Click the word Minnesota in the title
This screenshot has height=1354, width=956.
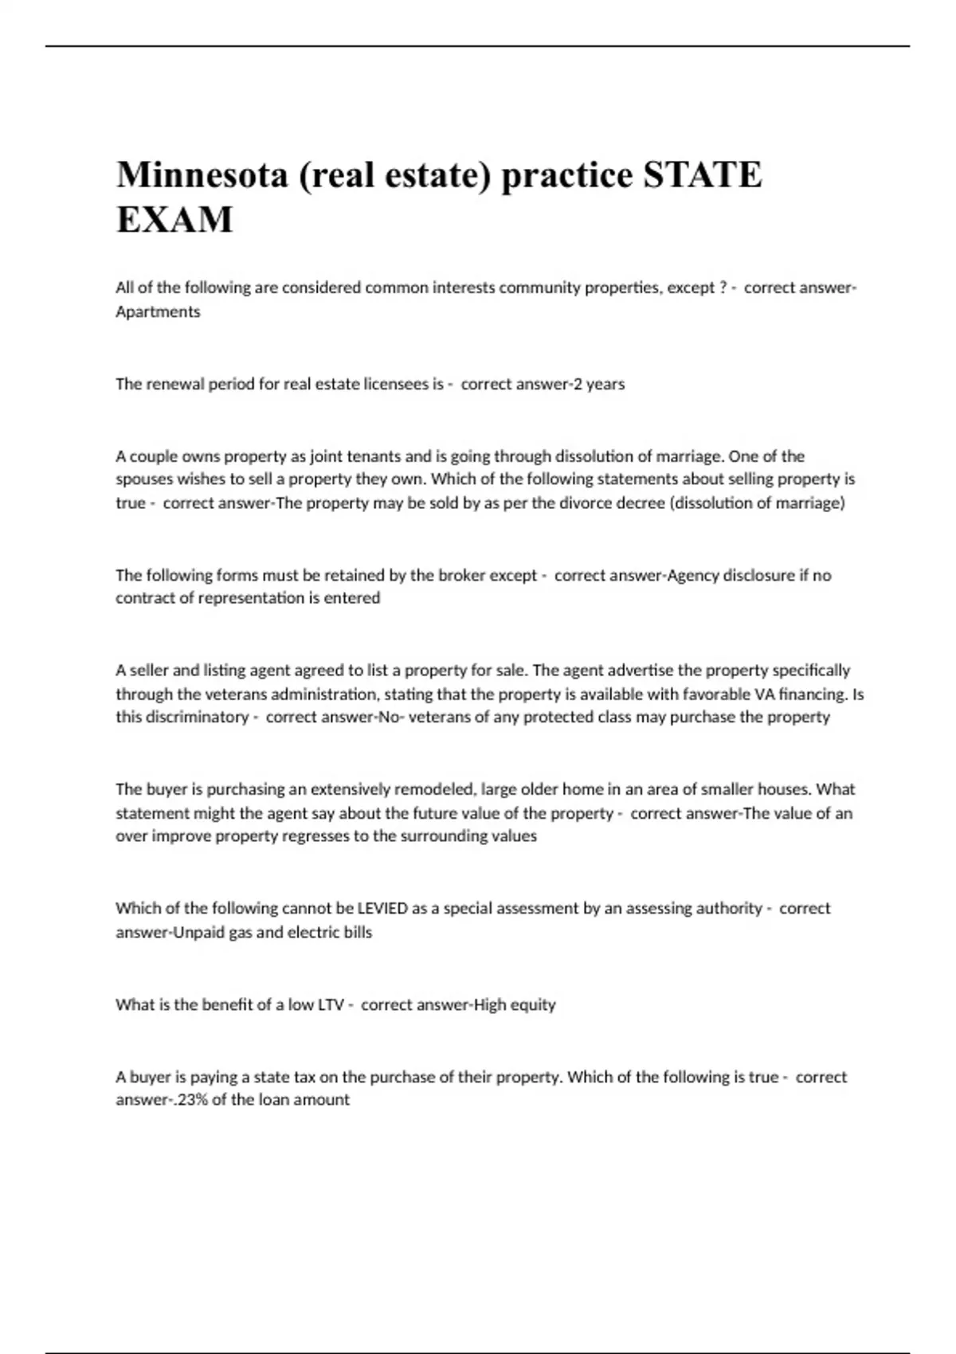point(202,174)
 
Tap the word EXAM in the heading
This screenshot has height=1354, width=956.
point(174,220)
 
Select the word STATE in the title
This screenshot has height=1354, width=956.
point(702,174)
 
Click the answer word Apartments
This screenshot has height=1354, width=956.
point(158,311)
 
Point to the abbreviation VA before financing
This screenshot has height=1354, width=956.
point(764,694)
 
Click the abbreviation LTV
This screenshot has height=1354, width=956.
point(331,1004)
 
